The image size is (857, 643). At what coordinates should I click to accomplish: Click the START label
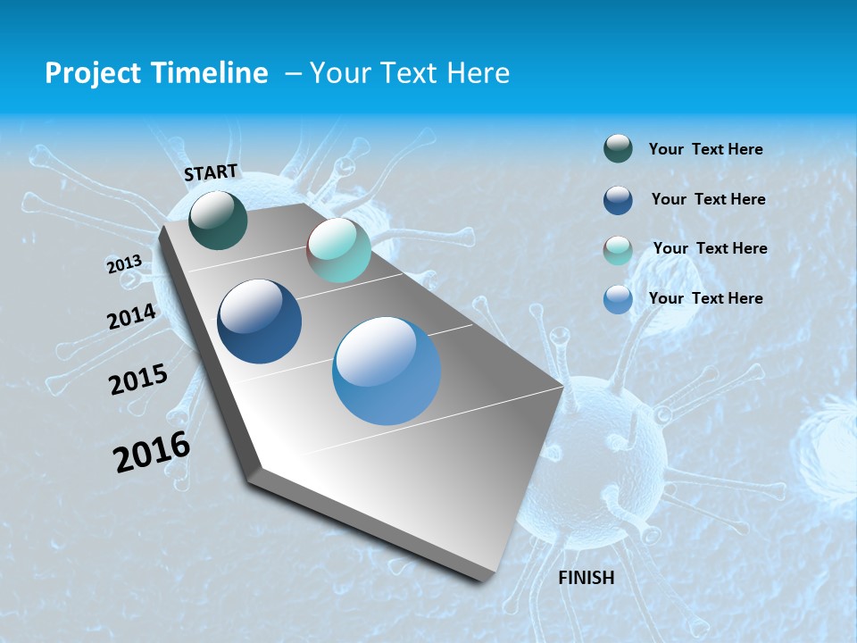pos(211,172)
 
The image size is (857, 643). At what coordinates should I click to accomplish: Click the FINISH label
pos(587,578)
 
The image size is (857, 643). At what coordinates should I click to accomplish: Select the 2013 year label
pos(124,264)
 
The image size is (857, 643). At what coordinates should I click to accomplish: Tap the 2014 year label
pos(131,317)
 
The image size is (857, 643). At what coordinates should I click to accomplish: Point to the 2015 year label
pos(138,380)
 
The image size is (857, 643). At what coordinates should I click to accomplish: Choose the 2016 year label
pos(152,452)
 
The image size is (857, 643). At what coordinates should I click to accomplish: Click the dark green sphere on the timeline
pos(218,220)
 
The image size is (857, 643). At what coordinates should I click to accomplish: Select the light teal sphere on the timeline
pos(338,250)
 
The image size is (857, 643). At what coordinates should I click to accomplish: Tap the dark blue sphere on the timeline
pos(259,321)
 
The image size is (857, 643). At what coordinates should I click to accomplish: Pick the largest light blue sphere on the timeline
pos(387,372)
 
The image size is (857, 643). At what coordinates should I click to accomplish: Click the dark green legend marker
pos(618,149)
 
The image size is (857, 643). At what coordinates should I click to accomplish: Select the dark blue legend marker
pos(618,200)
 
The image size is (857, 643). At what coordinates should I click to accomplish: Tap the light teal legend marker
pos(618,250)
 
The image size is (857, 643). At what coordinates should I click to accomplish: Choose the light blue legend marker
pos(618,299)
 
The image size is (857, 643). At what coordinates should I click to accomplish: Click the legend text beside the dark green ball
pos(705,149)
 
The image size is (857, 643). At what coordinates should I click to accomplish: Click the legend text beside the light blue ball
pos(705,298)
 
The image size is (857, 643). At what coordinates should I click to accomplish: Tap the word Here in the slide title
pos(478,73)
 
